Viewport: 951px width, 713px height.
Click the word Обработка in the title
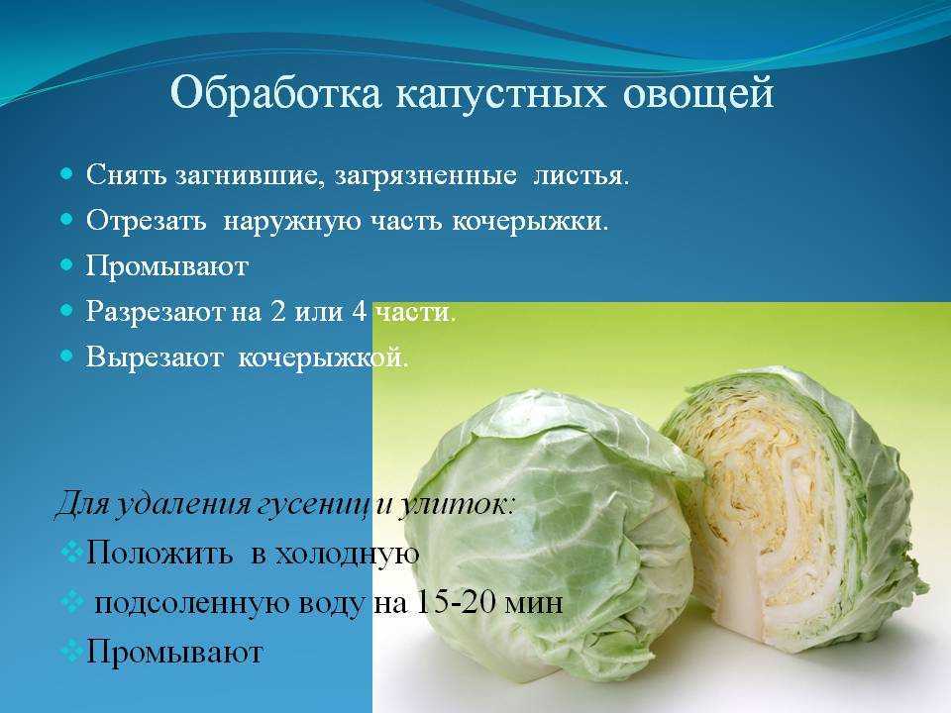point(276,94)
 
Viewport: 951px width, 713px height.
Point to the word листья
point(581,175)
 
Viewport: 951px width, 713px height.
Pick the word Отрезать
point(146,221)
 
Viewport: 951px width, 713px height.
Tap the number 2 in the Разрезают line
point(277,312)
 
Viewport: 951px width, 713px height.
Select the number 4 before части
point(359,312)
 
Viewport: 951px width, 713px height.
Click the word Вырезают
point(155,357)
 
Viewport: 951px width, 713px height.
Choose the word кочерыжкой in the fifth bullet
point(323,358)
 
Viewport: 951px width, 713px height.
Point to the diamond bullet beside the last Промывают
point(72,652)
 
